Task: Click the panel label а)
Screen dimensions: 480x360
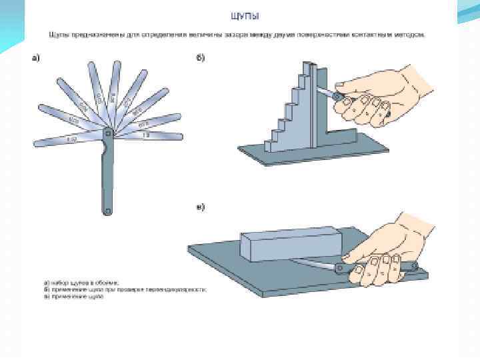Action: click(38, 58)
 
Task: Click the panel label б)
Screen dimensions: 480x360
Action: click(200, 58)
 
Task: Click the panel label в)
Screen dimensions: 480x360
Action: click(200, 207)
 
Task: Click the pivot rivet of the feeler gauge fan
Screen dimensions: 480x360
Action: click(107, 134)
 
